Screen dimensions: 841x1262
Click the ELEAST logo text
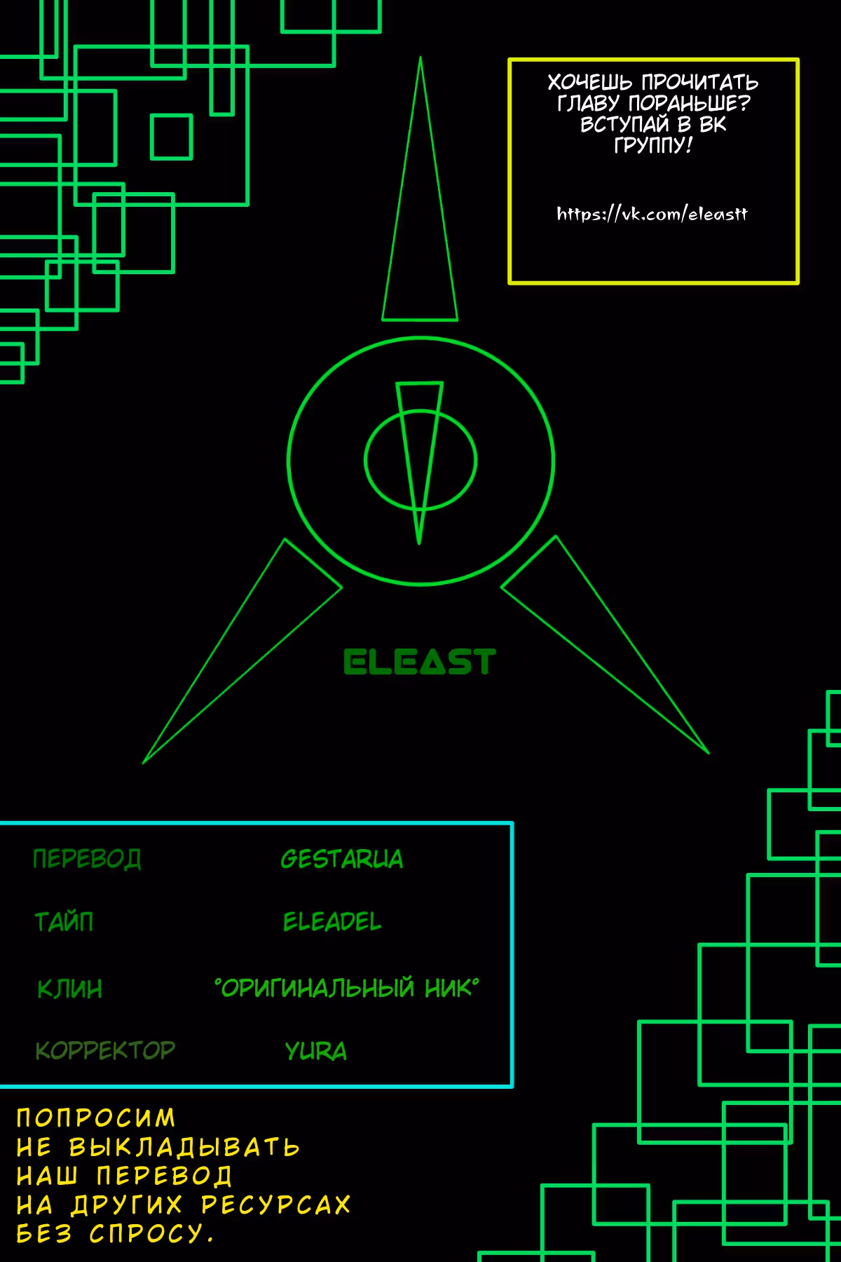(x=420, y=662)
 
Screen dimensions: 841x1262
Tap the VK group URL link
(x=652, y=214)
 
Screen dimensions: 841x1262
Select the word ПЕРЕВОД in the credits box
(x=87, y=859)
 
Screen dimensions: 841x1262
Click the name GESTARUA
(x=342, y=859)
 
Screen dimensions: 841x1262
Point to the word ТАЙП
(x=64, y=921)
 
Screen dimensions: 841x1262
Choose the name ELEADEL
(x=332, y=921)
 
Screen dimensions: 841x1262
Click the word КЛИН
(x=69, y=989)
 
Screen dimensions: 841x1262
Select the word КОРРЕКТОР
(x=105, y=1050)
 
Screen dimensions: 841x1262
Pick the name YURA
(x=315, y=1051)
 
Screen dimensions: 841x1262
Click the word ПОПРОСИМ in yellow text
(x=96, y=1118)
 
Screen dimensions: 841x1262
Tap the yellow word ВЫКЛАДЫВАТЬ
(x=184, y=1147)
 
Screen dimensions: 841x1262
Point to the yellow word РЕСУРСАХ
(x=275, y=1205)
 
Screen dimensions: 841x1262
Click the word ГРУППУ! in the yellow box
(x=653, y=145)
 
